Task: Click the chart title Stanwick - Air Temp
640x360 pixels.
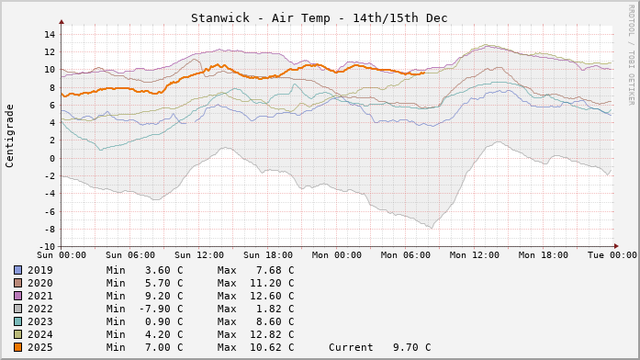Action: pos(320,17)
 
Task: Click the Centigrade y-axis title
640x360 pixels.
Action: pos(10,135)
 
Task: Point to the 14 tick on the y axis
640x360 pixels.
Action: pos(50,35)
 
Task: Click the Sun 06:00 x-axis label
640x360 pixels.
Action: pos(130,254)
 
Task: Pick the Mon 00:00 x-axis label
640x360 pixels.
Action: pos(337,254)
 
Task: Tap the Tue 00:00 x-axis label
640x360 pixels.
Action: pos(612,254)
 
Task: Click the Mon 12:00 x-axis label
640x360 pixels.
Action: pos(475,254)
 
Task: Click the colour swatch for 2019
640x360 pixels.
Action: pos(17,270)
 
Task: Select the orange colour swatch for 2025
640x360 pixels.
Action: pos(17,347)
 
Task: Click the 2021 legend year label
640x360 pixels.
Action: pos(40,296)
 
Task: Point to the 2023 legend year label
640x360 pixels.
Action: pos(40,321)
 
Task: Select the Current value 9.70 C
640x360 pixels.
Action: pos(408,347)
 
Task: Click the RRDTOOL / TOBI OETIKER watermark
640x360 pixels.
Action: pos(631,53)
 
